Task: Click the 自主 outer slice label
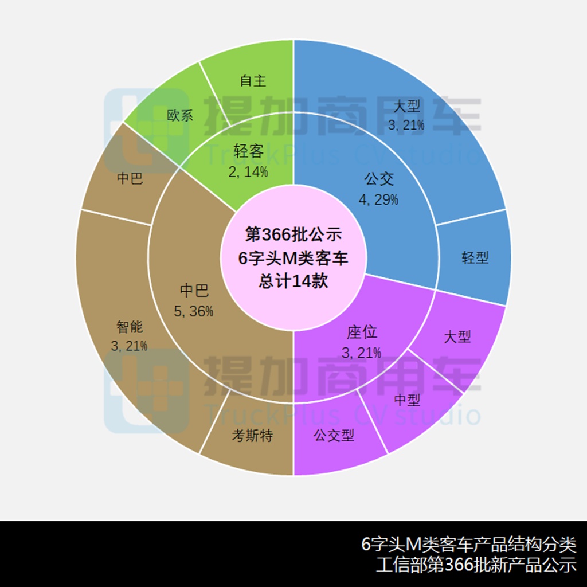[x=253, y=80]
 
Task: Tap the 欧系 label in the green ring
[x=180, y=115]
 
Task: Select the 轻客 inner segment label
[x=249, y=151]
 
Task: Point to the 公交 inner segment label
[x=379, y=179]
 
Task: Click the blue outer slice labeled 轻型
[x=475, y=257]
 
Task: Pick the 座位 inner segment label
[x=362, y=332]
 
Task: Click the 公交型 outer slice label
[x=334, y=435]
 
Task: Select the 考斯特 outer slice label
[x=252, y=435]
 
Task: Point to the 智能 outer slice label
[x=130, y=327]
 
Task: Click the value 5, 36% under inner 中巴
[x=194, y=311]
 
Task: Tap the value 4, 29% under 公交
[x=378, y=199]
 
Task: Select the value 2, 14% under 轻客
[x=248, y=172]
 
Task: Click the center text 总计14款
[x=293, y=280]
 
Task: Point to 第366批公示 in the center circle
[x=293, y=234]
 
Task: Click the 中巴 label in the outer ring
[x=130, y=178]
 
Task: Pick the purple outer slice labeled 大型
[x=457, y=337]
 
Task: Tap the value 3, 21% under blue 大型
[x=406, y=125]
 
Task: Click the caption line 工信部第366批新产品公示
[x=476, y=565]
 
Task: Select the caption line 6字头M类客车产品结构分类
[x=469, y=544]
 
